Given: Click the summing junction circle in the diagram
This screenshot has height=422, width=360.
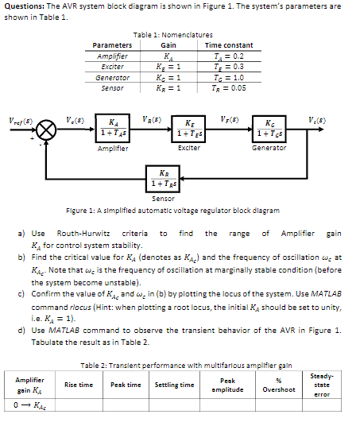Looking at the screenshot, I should click(x=49, y=127).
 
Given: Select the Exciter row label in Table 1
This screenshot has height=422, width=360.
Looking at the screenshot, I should click(x=112, y=66).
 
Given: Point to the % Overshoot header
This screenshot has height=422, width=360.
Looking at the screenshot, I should click(x=279, y=385).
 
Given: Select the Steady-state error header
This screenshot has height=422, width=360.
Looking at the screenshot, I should click(x=322, y=385).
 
